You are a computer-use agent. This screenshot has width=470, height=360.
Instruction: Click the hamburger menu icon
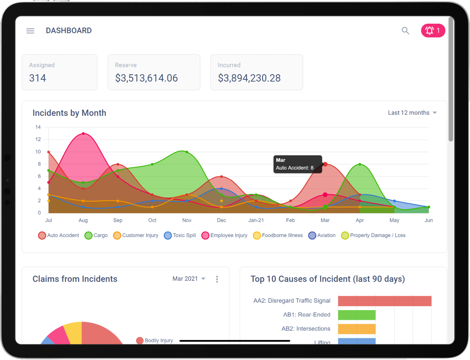(x=30, y=31)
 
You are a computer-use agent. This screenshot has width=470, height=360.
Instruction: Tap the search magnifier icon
(x=405, y=31)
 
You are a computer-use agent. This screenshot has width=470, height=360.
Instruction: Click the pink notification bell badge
(x=433, y=31)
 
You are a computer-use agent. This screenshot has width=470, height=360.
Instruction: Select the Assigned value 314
(x=38, y=78)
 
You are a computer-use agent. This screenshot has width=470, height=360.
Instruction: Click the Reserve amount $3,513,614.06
(x=146, y=78)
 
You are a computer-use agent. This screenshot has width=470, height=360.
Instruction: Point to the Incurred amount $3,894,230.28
(x=249, y=78)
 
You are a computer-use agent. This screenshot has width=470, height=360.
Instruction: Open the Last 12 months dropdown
(x=412, y=113)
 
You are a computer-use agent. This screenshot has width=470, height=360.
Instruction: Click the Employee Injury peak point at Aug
(x=83, y=134)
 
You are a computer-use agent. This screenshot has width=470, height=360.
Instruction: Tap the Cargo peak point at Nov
(x=187, y=152)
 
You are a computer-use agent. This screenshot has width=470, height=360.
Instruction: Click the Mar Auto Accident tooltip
(x=298, y=164)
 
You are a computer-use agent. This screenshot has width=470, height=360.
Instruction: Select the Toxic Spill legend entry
(x=180, y=235)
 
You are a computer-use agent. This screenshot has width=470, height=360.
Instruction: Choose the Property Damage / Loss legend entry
(x=373, y=235)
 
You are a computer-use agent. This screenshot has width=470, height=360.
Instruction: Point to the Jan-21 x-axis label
(x=256, y=220)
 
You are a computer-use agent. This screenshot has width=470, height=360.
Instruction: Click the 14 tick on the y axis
(x=38, y=127)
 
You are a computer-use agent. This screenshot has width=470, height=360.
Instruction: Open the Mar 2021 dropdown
(x=189, y=279)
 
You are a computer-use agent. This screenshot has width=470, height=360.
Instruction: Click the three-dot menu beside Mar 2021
(x=217, y=279)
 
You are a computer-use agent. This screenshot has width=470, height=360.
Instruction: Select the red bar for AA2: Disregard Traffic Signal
(x=385, y=301)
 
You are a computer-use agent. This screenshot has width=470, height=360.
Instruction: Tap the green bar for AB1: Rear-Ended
(x=357, y=315)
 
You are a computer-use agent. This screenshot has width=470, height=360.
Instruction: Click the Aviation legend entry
(x=322, y=235)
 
